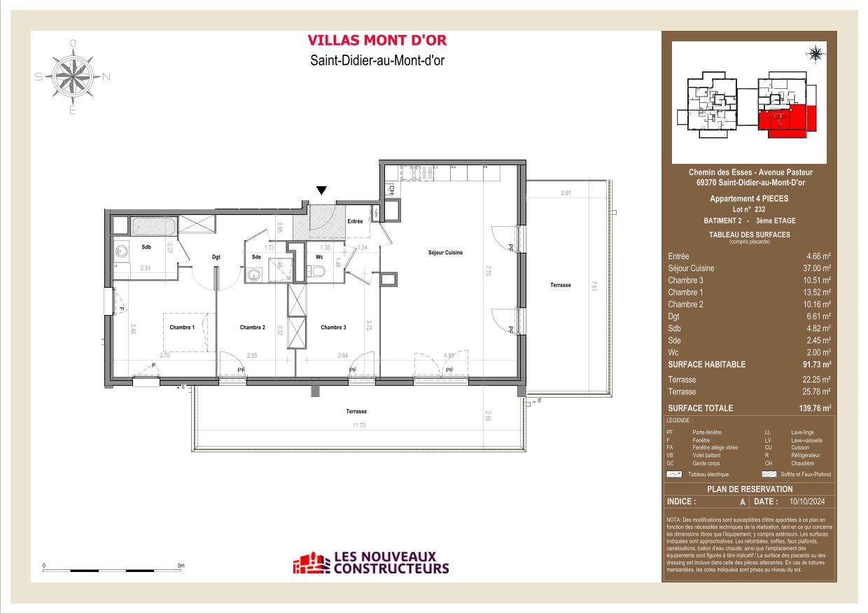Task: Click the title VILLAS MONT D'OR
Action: pyautogui.click(x=377, y=41)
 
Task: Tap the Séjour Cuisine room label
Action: pyautogui.click(x=446, y=253)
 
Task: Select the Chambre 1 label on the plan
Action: pyautogui.click(x=181, y=327)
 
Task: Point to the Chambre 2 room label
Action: pyautogui.click(x=252, y=327)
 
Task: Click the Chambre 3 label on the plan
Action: pyautogui.click(x=333, y=327)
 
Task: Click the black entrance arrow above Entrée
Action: pyautogui.click(x=321, y=190)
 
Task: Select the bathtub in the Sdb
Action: pyautogui.click(x=153, y=225)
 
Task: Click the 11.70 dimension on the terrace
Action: pyautogui.click(x=359, y=426)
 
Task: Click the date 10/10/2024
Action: pyautogui.click(x=807, y=501)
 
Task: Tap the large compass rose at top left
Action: pyautogui.click(x=73, y=76)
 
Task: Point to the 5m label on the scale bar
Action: pyautogui.click(x=180, y=564)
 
